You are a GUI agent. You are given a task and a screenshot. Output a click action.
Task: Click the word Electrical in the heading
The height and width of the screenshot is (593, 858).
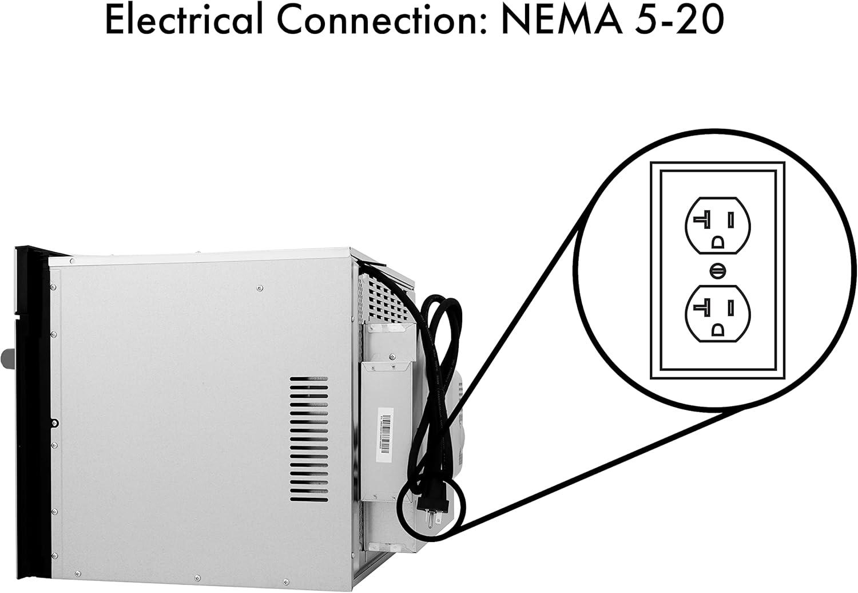pyautogui.click(x=184, y=20)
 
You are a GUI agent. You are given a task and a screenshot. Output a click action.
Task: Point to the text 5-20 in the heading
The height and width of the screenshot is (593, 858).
pyautogui.click(x=680, y=20)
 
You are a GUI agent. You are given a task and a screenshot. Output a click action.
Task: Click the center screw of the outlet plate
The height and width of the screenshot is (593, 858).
pyautogui.click(x=717, y=271)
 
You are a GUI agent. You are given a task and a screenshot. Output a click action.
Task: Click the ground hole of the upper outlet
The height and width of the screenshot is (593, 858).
pyautogui.click(x=717, y=242)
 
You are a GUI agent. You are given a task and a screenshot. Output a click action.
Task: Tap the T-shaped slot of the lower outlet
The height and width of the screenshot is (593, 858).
pyautogui.click(x=702, y=308)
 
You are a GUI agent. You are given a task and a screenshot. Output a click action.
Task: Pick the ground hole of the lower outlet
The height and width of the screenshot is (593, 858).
pyautogui.click(x=717, y=330)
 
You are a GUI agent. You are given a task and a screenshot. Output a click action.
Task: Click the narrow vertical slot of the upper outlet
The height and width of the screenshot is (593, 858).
pyautogui.click(x=730, y=220)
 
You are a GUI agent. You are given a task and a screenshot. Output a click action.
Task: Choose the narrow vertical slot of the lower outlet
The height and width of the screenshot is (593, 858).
pyautogui.click(x=730, y=307)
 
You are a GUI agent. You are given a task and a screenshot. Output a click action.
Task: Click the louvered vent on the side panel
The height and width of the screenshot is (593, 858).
pyautogui.click(x=309, y=439)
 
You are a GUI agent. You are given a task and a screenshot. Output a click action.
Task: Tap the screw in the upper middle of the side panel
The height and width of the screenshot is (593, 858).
pyautogui.click(x=260, y=288)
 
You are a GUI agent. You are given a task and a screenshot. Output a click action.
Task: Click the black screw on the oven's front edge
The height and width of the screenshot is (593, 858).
pyautogui.click(x=55, y=423)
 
